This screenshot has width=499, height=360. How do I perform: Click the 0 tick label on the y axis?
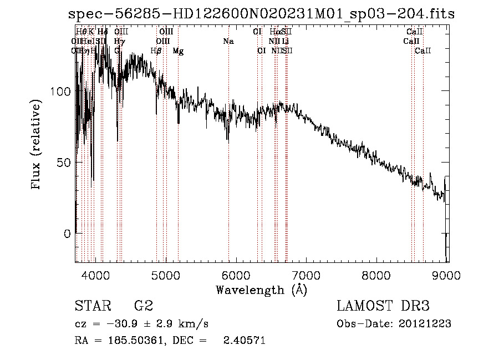[67, 234]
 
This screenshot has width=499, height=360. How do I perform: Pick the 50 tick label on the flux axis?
[63, 163]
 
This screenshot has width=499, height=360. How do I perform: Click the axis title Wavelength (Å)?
[261, 290]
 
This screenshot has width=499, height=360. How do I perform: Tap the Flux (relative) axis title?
[37, 145]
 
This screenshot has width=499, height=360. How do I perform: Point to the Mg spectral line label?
[178, 51]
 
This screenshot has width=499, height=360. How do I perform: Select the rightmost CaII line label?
[423, 51]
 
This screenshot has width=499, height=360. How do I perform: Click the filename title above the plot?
[261, 14]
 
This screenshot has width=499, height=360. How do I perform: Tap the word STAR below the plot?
[93, 306]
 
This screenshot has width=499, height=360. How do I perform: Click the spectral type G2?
[144, 306]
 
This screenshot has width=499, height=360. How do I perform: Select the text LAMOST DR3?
[383, 306]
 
